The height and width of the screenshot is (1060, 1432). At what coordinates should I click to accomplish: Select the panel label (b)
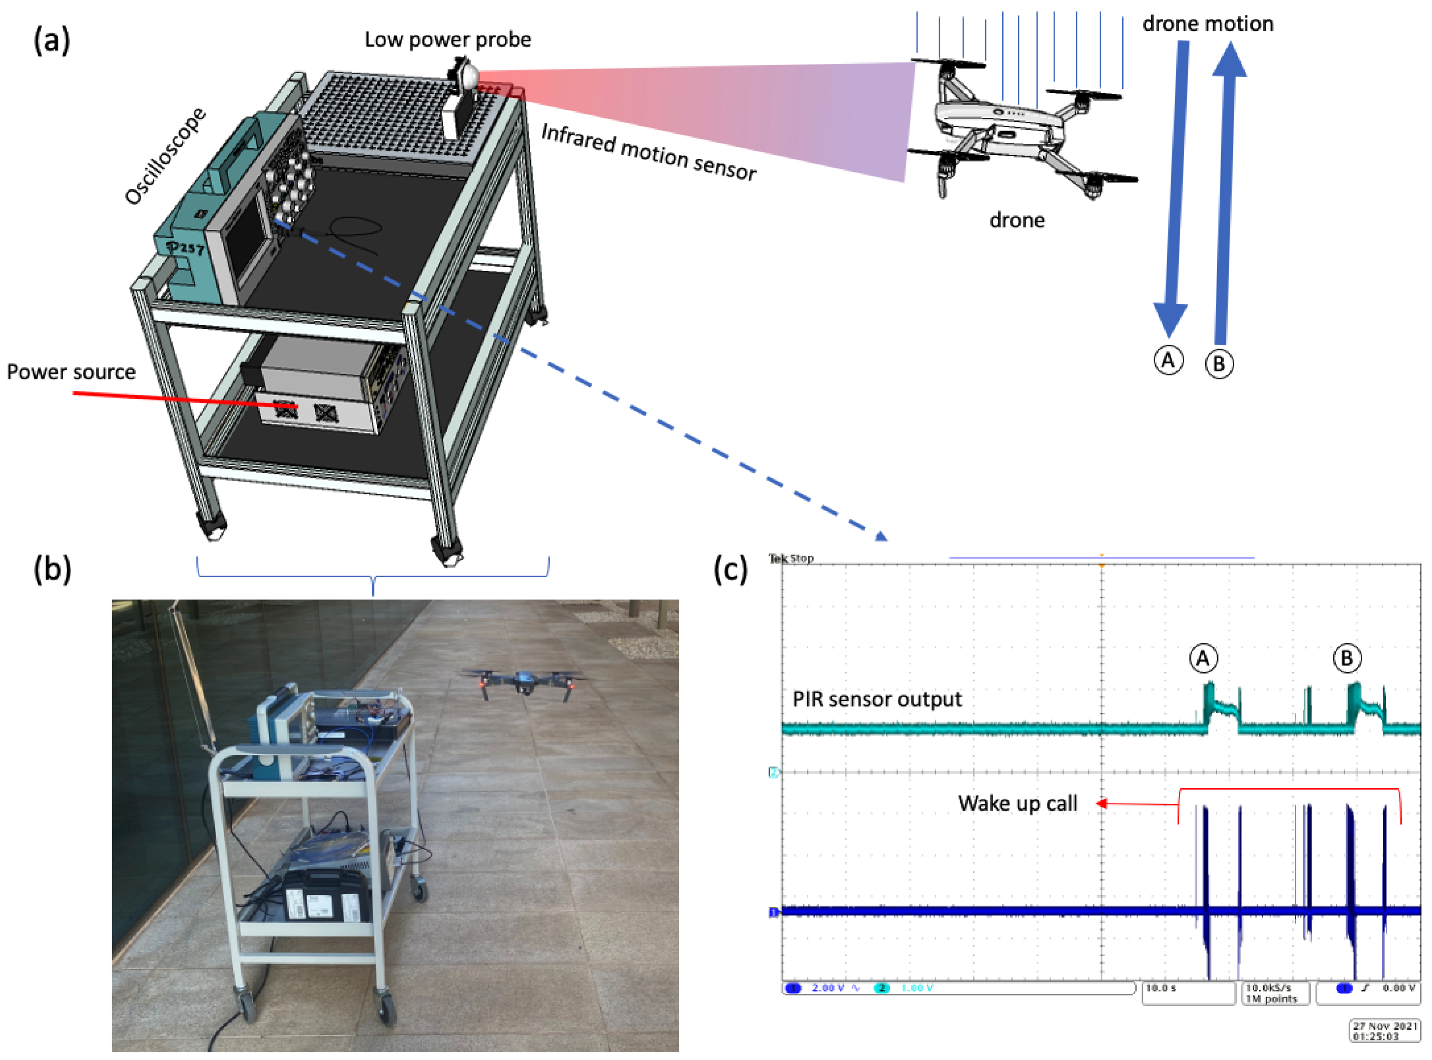tap(52, 568)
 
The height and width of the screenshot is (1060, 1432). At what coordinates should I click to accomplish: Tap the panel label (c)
tap(730, 568)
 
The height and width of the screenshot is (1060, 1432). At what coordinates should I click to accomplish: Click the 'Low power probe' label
tap(448, 40)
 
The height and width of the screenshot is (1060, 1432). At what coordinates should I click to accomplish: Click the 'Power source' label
tap(71, 372)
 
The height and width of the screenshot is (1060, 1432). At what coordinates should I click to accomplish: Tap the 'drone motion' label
tap(1207, 24)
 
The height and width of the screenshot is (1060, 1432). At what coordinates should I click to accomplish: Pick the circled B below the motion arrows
tap(1218, 364)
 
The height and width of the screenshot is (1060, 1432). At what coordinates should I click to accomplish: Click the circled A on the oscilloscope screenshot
tap(1203, 658)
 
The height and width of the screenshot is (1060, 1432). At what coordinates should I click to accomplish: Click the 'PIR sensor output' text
tap(877, 699)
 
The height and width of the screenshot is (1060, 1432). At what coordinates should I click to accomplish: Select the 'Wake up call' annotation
tap(1017, 803)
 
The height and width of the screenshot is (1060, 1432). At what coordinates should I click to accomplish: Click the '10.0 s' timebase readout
tap(1161, 988)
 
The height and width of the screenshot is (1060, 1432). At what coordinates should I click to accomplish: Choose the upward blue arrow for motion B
tap(1225, 193)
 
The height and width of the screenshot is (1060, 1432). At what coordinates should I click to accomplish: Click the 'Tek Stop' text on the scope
tap(791, 558)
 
